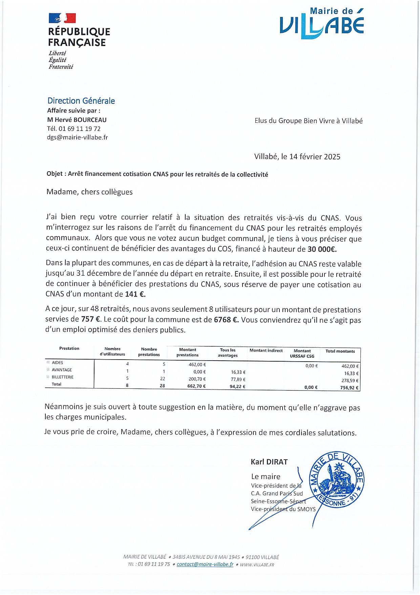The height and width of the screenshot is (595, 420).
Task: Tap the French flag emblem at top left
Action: (62, 18)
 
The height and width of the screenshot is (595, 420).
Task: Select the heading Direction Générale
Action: (81, 101)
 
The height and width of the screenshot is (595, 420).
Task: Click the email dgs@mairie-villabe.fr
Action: (77, 137)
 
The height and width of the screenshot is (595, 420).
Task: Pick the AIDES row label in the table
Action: (57, 363)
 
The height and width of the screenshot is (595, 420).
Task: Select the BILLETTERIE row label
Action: (62, 377)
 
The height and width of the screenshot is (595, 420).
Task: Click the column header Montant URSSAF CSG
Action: (302, 353)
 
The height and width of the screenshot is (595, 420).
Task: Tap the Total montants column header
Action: (340, 351)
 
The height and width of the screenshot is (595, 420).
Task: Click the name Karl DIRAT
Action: (269, 462)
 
